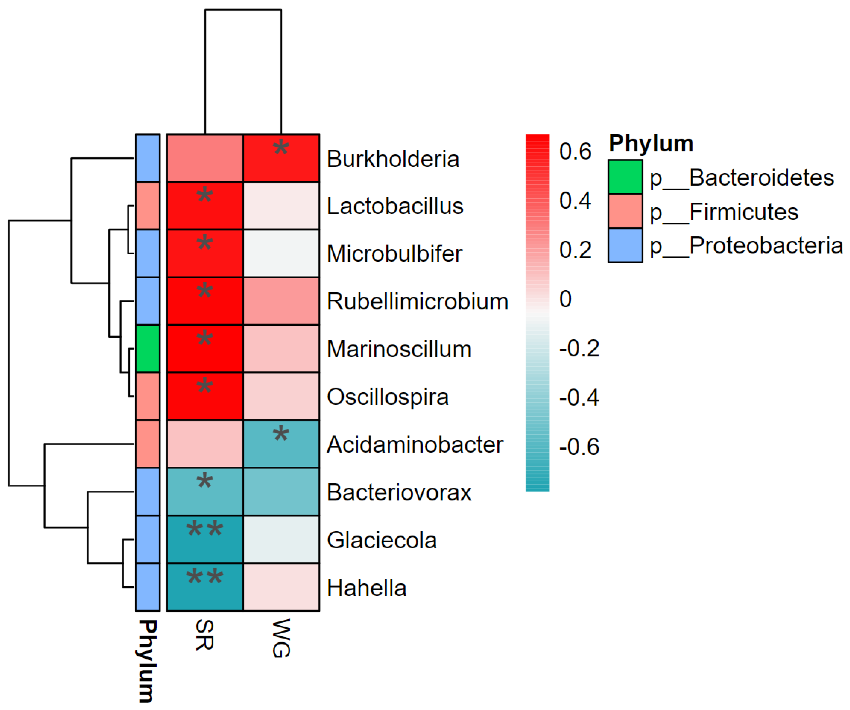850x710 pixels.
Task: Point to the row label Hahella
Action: [x=366, y=588]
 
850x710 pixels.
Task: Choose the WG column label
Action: [x=281, y=638]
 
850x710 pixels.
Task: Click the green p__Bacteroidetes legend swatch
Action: [x=625, y=177]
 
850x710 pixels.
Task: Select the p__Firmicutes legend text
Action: [x=724, y=212]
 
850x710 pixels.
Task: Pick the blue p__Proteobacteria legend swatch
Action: [x=625, y=245]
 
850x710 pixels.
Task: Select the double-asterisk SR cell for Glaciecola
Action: [x=205, y=539]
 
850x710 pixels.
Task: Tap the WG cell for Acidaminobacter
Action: [x=281, y=444]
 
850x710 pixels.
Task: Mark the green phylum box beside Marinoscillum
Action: [x=148, y=349]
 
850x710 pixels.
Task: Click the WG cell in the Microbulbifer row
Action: [x=281, y=254]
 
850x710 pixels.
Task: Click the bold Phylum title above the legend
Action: [x=651, y=143]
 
